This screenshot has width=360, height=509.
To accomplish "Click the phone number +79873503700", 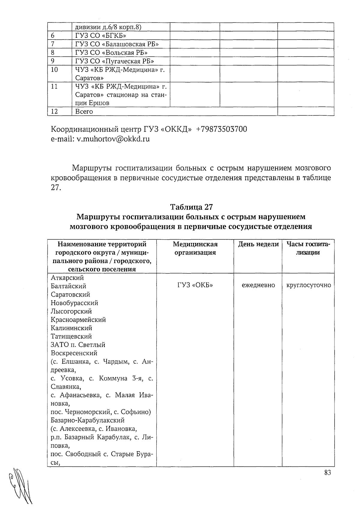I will [221, 129].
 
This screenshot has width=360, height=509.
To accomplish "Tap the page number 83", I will [327, 473].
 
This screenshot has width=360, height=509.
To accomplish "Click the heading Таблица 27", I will [191, 207].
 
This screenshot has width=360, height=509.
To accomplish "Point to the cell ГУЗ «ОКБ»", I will [195, 285].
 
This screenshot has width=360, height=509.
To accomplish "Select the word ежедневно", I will [258, 285].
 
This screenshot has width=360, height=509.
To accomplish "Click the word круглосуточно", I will [309, 285].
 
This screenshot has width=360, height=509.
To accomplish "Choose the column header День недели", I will [258, 244].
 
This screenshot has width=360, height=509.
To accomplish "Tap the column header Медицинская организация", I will [195, 248].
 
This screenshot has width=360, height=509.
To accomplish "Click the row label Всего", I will [84, 112].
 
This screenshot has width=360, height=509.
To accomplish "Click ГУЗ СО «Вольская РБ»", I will [111, 52].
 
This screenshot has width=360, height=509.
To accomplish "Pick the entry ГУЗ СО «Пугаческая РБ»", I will [115, 61].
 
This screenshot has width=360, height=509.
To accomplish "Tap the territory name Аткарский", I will [67, 278].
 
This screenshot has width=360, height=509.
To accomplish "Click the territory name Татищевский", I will [71, 336].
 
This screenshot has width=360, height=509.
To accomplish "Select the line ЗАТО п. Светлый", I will [78, 345].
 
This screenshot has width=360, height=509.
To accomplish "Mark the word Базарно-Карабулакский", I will [88, 420].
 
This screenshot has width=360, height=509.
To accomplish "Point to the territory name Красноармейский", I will [78, 320].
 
